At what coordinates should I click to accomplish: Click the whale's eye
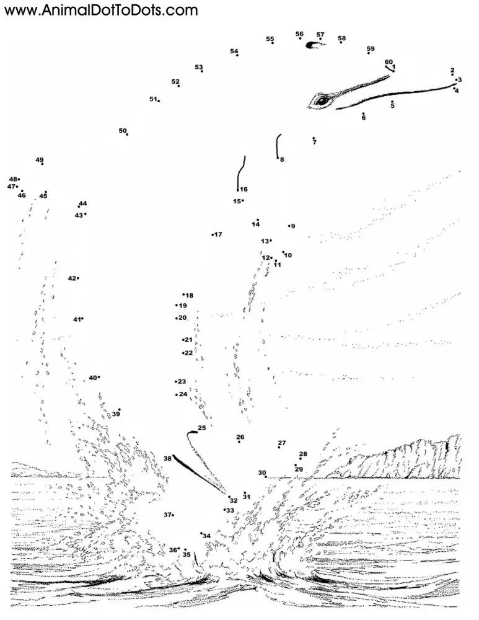click(x=322, y=100)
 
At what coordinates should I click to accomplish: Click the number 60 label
click(x=389, y=61)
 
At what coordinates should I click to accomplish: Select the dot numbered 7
click(x=314, y=138)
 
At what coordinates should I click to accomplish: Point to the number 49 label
click(x=40, y=160)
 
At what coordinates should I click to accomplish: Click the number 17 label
click(x=218, y=234)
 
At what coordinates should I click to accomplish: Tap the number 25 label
click(x=201, y=428)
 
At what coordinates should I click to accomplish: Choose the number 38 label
click(x=167, y=458)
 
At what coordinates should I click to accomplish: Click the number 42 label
click(x=72, y=278)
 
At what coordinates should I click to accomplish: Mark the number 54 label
click(x=234, y=51)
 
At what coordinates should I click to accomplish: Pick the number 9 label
click(x=292, y=226)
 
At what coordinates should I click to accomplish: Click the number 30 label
click(x=261, y=472)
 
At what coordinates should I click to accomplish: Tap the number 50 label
click(x=123, y=130)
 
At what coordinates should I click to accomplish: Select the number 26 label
click(x=240, y=436)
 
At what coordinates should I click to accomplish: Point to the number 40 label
click(x=92, y=377)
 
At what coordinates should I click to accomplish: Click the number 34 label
click(x=207, y=536)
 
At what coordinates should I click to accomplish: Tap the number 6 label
click(x=364, y=118)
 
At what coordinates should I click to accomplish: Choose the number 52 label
click(x=175, y=81)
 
